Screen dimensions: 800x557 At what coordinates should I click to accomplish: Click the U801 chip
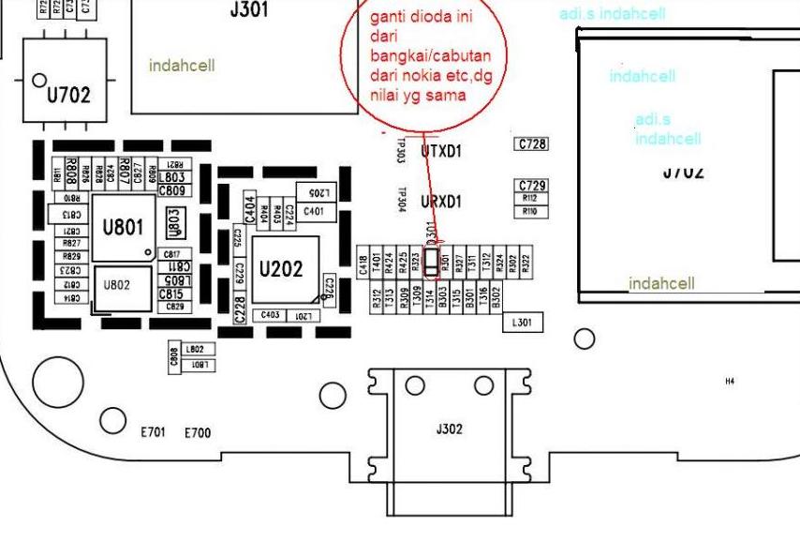pos(122,228)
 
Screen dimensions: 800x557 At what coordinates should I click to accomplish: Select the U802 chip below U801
pos(117,285)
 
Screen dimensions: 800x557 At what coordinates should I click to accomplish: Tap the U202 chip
pos(281,269)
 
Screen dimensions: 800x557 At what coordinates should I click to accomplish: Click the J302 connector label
pos(449,429)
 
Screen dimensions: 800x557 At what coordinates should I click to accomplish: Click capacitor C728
pos(532,144)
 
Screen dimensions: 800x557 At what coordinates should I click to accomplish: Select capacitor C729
pos(532,186)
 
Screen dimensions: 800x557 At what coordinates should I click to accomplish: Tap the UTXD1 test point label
pos(441,151)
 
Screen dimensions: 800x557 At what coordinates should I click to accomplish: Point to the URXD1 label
pos(441,202)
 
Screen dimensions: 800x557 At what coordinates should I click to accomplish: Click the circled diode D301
pos(431,263)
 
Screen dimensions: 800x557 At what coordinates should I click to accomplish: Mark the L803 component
pos(172,177)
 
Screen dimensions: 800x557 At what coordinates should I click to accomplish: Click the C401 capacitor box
pos(314,212)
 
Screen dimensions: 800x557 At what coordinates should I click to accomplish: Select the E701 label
pos(154,433)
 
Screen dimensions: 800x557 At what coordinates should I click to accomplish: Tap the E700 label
pos(198,433)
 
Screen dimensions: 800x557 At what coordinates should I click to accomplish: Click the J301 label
pos(248,11)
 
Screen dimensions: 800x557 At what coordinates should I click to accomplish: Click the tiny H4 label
pos(730,382)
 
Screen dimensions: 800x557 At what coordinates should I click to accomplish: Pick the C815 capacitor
pos(171,294)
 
